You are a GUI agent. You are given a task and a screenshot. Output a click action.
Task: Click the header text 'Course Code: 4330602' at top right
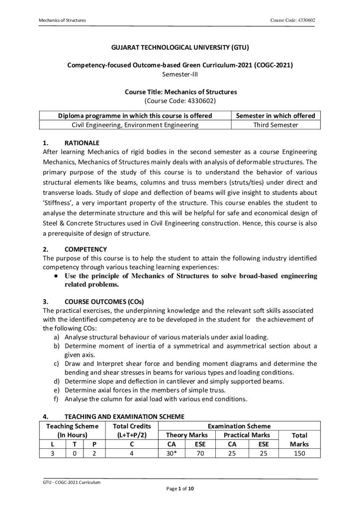click(292, 20)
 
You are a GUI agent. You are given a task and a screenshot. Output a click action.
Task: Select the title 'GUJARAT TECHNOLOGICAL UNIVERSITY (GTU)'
click(180, 48)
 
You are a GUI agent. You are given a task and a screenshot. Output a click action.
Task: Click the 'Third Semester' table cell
click(275, 125)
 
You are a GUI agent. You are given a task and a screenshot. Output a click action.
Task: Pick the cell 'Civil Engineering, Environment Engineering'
click(136, 125)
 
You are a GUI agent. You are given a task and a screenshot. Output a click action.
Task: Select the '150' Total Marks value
click(299, 453)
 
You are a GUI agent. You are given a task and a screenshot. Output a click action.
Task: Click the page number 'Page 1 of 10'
click(180, 490)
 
